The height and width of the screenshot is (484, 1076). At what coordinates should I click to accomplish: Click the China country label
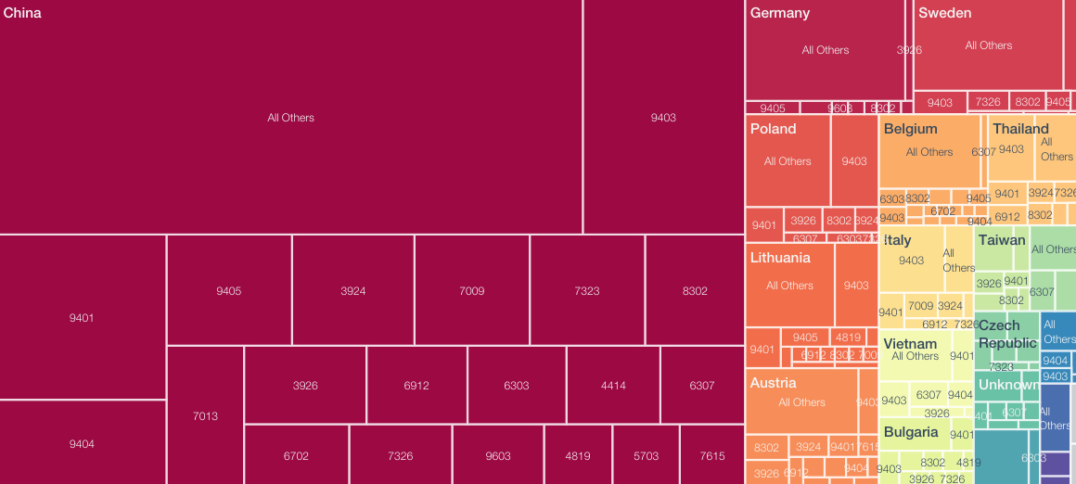(22, 14)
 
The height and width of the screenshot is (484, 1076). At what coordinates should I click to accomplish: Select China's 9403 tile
(663, 118)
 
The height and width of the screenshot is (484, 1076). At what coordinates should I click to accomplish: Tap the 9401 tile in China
(82, 318)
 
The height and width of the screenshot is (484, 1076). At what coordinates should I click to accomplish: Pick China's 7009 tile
(471, 291)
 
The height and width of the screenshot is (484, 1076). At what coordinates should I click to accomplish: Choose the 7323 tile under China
(586, 291)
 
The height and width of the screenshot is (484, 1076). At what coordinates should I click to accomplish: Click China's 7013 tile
(205, 416)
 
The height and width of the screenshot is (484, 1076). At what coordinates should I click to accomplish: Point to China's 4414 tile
(613, 386)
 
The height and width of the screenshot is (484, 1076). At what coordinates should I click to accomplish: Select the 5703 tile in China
(646, 456)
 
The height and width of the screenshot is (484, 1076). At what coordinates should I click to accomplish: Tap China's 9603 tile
(497, 456)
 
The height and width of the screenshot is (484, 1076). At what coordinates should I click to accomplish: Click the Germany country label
(779, 14)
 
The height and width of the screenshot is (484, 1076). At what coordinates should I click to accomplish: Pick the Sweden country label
(944, 14)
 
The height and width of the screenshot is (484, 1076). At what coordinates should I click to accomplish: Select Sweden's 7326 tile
(988, 102)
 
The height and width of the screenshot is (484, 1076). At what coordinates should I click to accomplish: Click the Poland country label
(773, 129)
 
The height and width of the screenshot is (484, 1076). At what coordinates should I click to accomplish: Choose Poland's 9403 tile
(854, 161)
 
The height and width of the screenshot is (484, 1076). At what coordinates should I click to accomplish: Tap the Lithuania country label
(780, 258)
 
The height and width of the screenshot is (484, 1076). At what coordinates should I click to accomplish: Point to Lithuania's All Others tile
(789, 286)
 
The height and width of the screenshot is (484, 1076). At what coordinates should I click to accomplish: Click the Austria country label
(773, 383)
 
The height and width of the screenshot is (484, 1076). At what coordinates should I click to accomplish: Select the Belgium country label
(910, 129)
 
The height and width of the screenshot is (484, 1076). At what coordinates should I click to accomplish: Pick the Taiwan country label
(1002, 240)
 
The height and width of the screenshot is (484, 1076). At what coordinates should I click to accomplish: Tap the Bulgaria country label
(910, 432)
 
